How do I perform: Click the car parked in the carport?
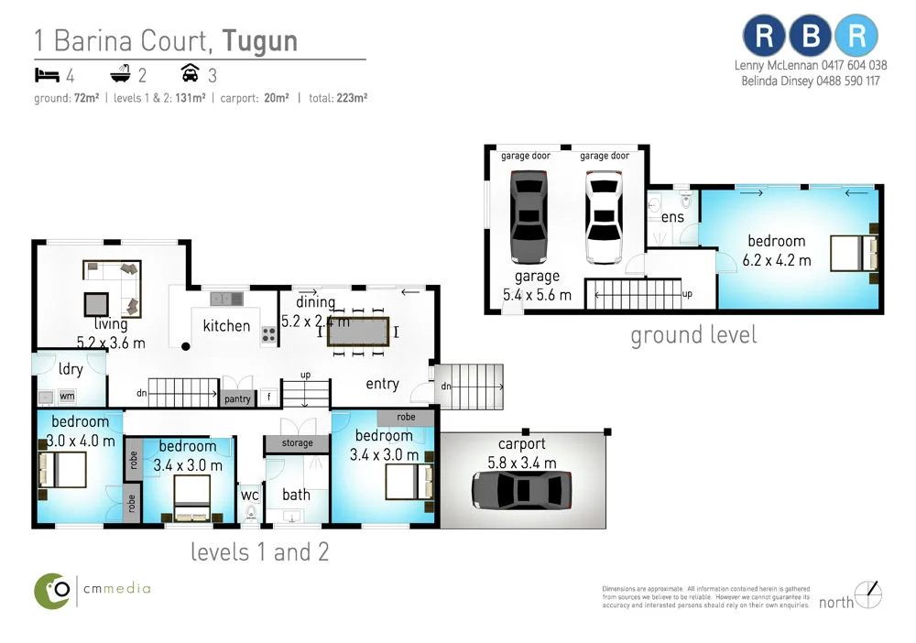click(522, 489)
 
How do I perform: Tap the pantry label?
click(236, 398)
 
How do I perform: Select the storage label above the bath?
click(297, 443)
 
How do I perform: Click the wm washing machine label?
click(67, 397)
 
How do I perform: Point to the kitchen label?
click(226, 326)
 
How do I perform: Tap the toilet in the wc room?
click(251, 514)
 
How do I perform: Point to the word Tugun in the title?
click(260, 41)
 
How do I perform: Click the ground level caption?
click(693, 335)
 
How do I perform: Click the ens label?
click(672, 217)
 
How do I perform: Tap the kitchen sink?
click(224, 298)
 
